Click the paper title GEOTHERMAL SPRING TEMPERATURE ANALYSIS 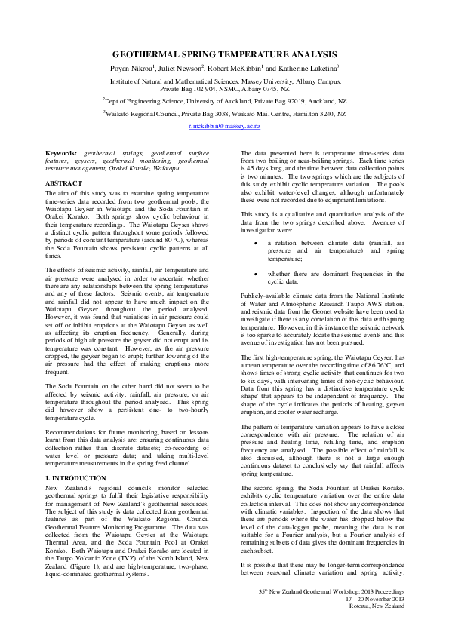point(224,55)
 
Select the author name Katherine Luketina point(309,67)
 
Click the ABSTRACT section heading point(64,183)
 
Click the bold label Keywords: point(61,153)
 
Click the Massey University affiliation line point(224,79)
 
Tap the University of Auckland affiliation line point(224,99)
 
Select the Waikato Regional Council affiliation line point(224,113)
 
